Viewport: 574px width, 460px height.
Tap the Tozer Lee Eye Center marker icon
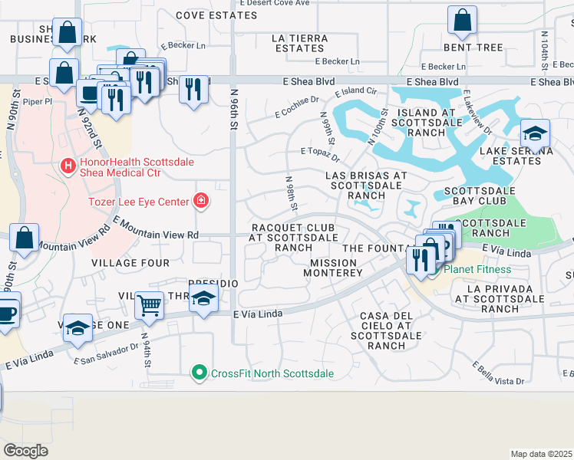pos(201,201)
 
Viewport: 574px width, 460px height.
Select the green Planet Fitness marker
pos(435,268)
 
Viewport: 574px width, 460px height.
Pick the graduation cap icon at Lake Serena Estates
pos(534,133)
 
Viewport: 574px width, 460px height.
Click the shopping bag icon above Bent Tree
pos(462,21)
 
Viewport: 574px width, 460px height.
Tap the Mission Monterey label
pos(336,268)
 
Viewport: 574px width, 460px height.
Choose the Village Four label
pos(130,263)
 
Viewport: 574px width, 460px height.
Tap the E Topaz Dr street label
pos(320,156)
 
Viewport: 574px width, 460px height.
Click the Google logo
pos(25,451)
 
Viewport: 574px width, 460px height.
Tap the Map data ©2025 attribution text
pos(541,454)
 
